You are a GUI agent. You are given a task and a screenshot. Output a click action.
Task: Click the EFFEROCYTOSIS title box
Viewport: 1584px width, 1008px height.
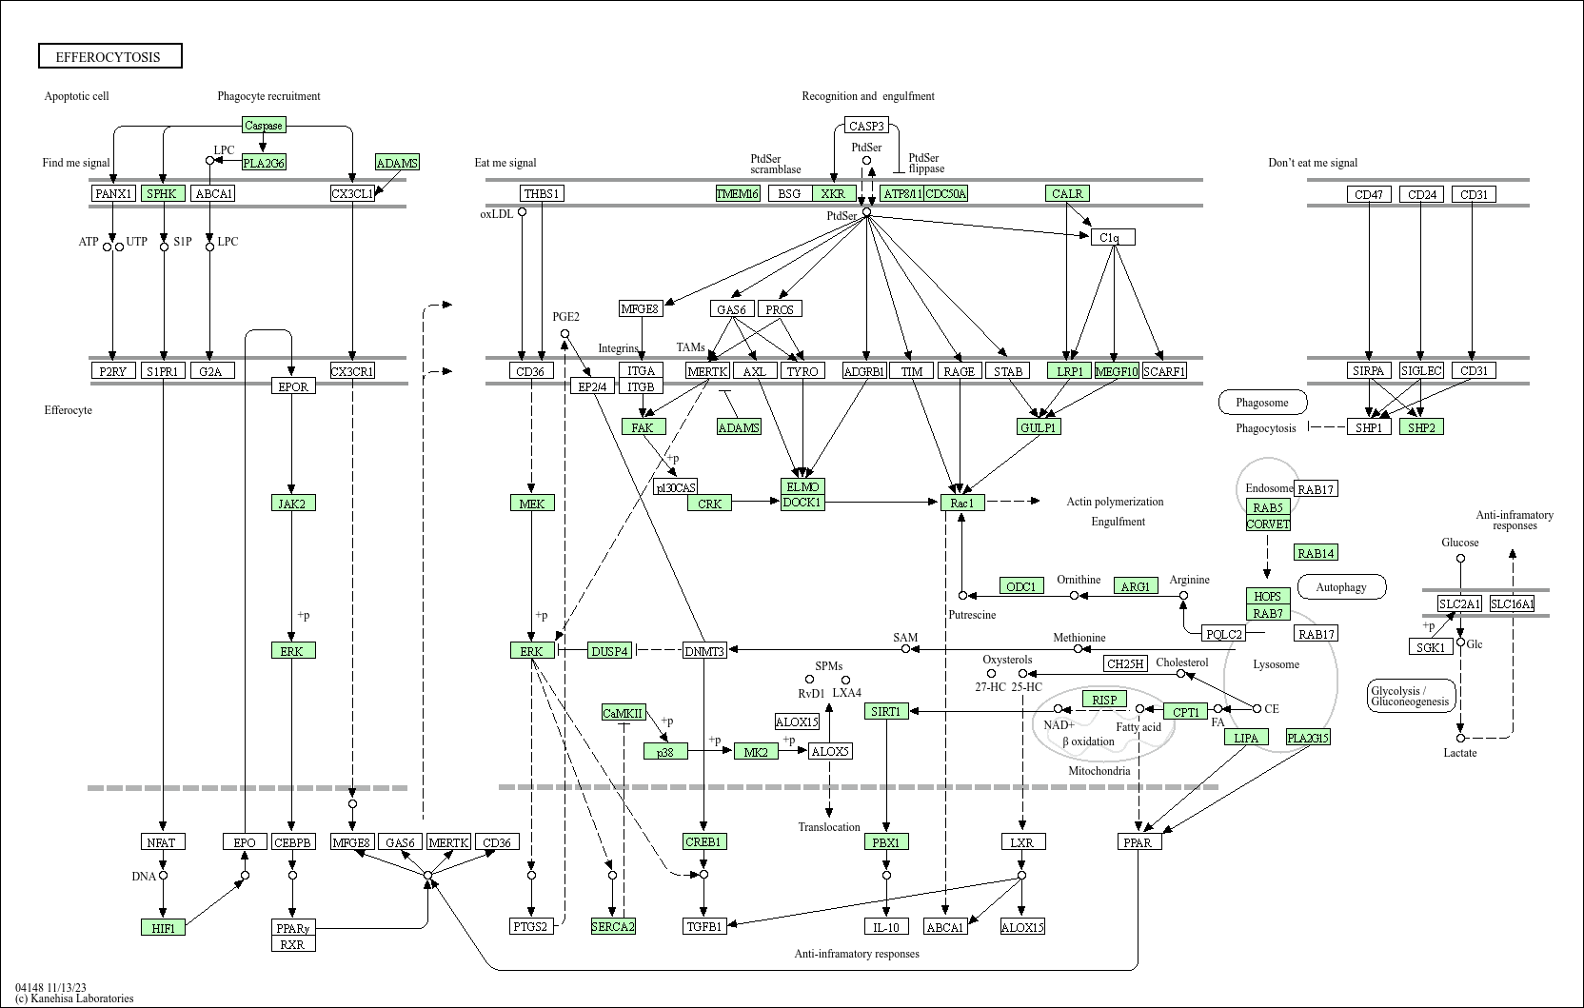tap(109, 56)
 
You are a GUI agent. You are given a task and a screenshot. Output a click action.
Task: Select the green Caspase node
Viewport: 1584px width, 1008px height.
tap(264, 125)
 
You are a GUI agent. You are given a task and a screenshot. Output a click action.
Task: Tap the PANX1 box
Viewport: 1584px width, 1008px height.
tap(114, 193)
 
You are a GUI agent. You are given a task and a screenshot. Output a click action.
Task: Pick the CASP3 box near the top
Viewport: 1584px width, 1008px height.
tap(866, 125)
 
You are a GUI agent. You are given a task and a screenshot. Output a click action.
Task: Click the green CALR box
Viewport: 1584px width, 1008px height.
tap(1067, 193)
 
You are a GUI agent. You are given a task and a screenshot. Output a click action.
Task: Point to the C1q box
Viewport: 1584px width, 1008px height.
tap(1113, 237)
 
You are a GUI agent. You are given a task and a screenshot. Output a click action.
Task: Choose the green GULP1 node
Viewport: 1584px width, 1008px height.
tap(1039, 427)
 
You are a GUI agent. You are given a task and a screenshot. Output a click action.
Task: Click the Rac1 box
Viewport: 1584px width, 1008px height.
tap(962, 503)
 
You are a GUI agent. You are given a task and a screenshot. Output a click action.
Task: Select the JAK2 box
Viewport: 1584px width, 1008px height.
tap(292, 503)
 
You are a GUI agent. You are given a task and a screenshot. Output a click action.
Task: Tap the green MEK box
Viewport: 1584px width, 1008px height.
tap(532, 503)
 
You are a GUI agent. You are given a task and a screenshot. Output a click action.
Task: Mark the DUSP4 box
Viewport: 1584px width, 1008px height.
tap(609, 651)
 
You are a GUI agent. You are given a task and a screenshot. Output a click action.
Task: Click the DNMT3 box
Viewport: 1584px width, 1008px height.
tap(704, 651)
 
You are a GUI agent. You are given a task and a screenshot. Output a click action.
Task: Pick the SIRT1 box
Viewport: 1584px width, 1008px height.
tap(886, 711)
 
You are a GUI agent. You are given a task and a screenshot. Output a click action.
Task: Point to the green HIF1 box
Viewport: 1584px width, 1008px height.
tap(163, 927)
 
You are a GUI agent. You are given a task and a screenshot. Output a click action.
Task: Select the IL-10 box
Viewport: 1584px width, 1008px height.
tap(886, 927)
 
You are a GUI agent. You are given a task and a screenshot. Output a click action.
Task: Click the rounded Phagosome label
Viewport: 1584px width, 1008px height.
tap(1262, 403)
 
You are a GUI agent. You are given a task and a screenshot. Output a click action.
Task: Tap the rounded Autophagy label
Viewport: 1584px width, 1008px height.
tap(1341, 587)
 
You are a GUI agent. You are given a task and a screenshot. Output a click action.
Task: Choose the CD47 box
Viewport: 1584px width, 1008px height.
tap(1369, 194)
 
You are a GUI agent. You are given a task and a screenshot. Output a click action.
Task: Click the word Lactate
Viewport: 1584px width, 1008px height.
tap(1460, 753)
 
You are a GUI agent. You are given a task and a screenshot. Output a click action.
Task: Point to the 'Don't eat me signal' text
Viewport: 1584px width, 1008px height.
tap(1313, 163)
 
